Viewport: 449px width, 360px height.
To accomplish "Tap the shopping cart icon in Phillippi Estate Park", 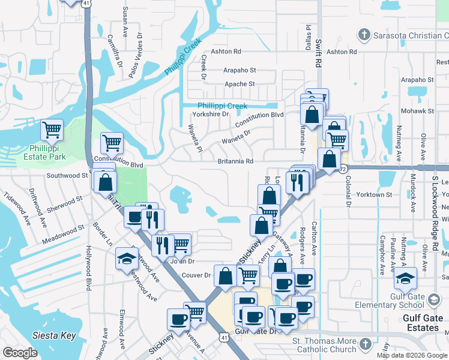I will coord(52,129).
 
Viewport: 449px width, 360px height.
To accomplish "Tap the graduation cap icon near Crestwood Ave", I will coord(127,258).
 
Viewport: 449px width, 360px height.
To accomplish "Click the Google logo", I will coord(20,353).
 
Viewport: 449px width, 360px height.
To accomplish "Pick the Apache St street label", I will coord(240,84).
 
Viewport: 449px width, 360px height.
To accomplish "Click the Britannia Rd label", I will coord(235,161).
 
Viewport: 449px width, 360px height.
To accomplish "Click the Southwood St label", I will coord(67,176).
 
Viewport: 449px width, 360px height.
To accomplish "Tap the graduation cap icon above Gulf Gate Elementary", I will coord(406,278).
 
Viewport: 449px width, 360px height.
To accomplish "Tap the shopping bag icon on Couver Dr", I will coord(225,277).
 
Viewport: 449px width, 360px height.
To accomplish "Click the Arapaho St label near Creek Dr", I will coord(240,70).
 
